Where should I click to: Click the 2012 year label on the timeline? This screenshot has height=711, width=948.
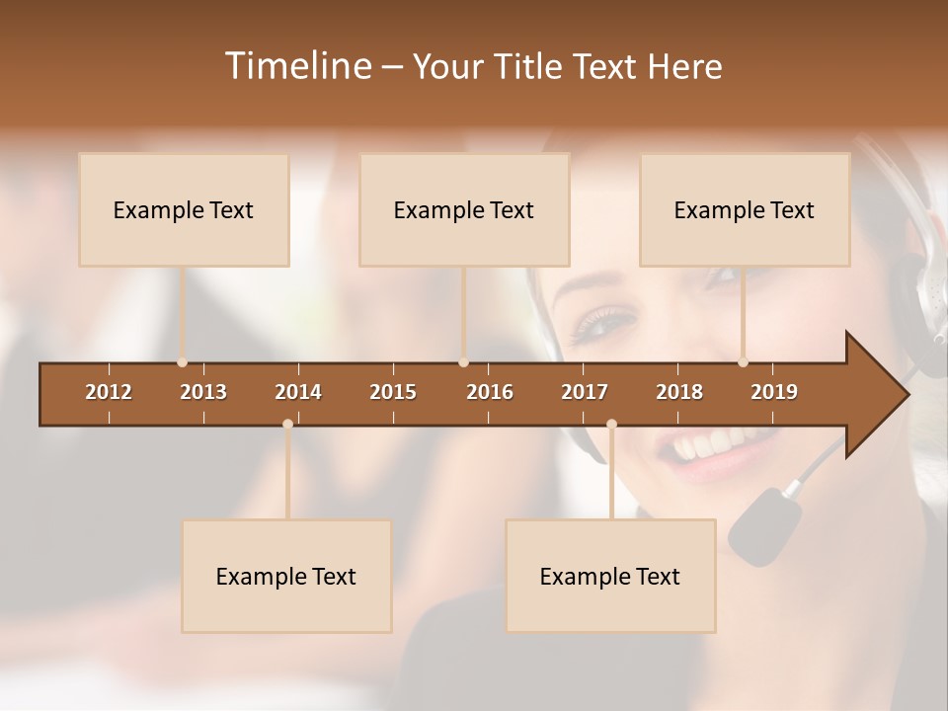click(109, 392)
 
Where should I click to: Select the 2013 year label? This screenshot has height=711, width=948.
click(203, 392)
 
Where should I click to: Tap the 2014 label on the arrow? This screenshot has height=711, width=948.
click(298, 392)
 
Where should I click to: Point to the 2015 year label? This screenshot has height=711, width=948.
click(393, 392)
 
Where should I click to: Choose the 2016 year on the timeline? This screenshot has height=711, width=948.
click(490, 392)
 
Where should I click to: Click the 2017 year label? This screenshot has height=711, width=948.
click(585, 392)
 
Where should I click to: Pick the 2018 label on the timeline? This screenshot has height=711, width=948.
click(679, 392)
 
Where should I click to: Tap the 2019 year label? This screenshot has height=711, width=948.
click(774, 392)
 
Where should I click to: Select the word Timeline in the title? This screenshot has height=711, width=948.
click(296, 66)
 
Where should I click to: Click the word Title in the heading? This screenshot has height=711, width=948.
click(529, 66)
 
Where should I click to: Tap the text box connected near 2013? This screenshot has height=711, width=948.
click(184, 209)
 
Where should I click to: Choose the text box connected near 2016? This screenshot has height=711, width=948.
click(464, 209)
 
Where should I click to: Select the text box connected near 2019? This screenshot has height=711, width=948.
click(745, 209)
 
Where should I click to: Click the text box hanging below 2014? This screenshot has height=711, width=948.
click(286, 576)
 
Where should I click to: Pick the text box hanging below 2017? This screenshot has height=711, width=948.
click(610, 576)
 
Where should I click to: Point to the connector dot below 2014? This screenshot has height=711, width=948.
click(287, 424)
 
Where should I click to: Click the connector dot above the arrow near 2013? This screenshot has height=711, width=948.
click(182, 362)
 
